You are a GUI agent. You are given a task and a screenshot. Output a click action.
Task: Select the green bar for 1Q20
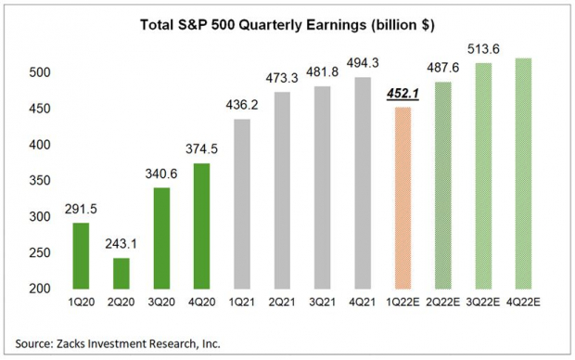80,256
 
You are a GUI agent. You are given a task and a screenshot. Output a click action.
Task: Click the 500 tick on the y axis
32,73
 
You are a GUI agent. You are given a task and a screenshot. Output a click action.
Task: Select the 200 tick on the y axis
32,289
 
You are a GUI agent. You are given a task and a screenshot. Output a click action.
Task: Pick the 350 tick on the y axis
32,181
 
